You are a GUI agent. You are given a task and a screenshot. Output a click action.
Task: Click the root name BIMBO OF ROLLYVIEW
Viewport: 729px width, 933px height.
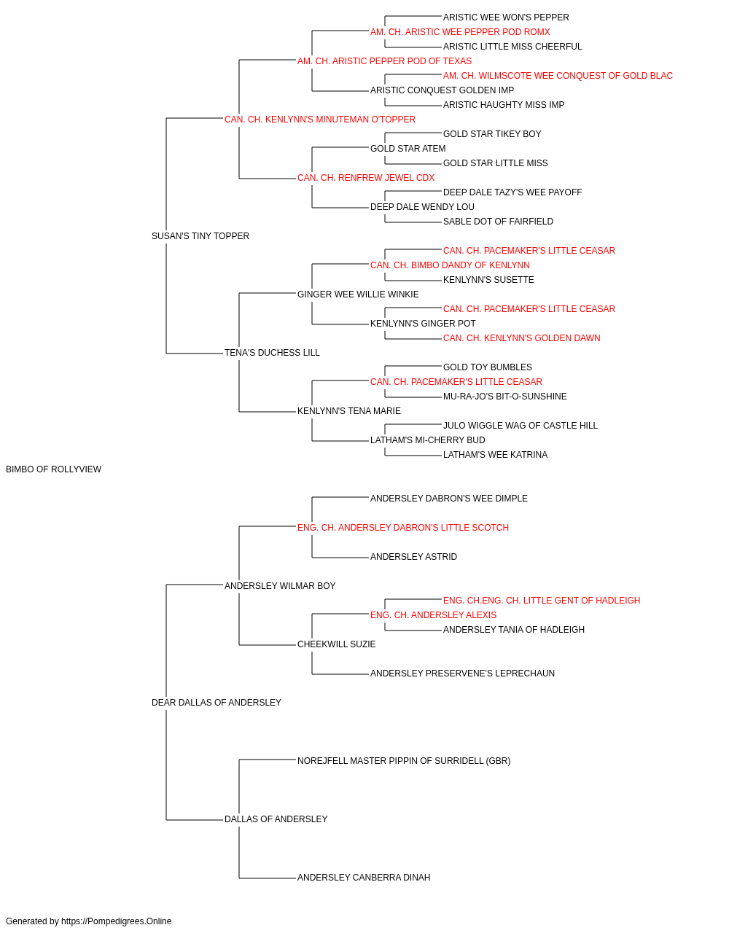point(54,469)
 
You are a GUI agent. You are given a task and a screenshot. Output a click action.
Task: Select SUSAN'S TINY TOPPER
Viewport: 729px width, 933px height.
point(200,236)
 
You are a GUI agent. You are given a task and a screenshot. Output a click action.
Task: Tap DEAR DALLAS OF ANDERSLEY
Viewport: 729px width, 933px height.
point(217,703)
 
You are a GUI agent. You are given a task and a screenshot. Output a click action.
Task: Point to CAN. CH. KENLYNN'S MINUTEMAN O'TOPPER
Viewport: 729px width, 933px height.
point(320,120)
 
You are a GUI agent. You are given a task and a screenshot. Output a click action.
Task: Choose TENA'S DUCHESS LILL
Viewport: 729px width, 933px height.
point(272,353)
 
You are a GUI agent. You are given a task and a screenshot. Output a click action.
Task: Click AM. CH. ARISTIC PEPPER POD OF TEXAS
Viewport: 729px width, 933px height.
point(385,61)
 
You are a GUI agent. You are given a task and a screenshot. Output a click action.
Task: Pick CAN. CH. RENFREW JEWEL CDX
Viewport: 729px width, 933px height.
point(366,178)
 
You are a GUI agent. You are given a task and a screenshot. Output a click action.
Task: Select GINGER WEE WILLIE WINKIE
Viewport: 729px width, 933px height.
point(358,294)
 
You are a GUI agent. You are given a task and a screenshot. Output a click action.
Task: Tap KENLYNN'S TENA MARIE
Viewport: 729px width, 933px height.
point(349,411)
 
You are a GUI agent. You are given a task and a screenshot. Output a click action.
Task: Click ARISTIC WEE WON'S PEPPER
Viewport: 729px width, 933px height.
point(506,17)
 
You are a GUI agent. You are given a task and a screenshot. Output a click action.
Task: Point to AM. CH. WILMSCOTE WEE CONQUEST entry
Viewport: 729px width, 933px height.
point(558,76)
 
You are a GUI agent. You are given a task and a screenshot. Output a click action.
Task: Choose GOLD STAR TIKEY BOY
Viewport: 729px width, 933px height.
point(492,134)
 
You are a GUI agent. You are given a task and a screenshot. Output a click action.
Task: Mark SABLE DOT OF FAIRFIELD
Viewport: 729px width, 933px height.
point(498,222)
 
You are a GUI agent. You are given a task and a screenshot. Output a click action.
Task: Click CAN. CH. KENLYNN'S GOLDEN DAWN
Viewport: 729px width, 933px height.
point(522,338)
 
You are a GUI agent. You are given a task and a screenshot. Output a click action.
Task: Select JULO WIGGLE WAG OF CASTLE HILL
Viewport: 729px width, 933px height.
point(521,426)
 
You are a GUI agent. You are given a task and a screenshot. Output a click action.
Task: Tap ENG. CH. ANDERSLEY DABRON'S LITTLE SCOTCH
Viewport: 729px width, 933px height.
point(403,528)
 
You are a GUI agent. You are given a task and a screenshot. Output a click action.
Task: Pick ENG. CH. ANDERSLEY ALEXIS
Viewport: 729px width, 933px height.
point(433,615)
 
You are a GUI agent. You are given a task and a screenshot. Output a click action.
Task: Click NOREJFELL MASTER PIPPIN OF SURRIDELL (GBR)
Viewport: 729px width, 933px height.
point(404,761)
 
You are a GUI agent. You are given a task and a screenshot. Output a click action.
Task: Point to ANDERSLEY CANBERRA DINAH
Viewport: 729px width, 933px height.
point(364,878)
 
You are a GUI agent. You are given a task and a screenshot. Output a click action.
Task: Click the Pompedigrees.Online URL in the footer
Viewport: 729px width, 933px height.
point(117,921)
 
